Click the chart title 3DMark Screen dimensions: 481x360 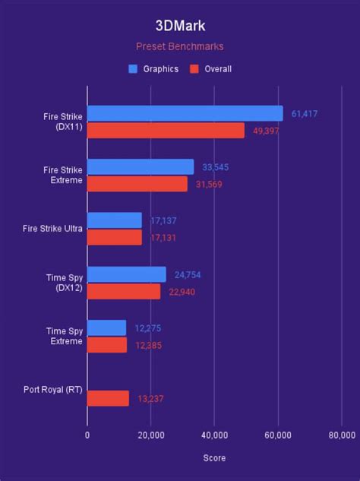pos(180,27)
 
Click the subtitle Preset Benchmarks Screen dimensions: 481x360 pos(180,46)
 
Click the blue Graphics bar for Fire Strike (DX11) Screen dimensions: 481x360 pos(185,114)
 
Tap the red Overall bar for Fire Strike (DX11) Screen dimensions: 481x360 pos(166,131)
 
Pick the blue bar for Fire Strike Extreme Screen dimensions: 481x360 pos(141,167)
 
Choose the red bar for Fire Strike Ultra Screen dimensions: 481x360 pos(115,237)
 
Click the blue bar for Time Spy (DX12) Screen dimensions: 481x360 pos(126,274)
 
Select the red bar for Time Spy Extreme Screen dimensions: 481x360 pos(107,344)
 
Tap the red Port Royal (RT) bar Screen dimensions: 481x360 pos(108,398)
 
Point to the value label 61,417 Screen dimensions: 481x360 pos(305,113)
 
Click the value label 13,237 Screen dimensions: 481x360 pos(150,398)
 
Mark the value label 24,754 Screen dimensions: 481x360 pos(187,274)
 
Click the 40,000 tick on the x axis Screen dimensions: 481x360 pos(214,435)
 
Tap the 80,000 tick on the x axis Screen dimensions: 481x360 pos(341,435)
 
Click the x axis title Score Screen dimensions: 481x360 pos(214,458)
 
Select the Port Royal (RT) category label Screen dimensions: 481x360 pos(53,391)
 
